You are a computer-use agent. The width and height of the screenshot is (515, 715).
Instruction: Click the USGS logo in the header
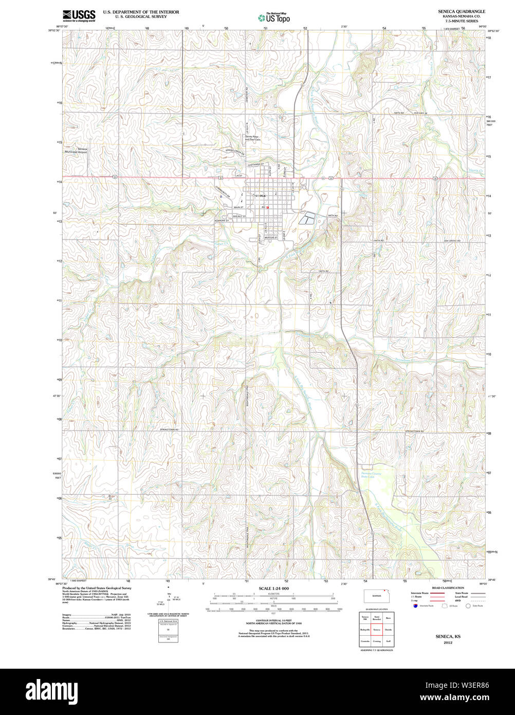(79, 15)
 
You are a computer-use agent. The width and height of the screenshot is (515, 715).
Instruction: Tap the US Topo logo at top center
(274, 17)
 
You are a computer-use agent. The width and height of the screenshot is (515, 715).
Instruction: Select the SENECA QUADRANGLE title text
(462, 11)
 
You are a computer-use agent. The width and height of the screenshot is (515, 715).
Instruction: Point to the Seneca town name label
(259, 195)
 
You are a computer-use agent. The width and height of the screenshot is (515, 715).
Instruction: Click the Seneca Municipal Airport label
(76, 151)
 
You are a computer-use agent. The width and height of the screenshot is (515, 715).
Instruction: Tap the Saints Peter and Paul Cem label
(253, 138)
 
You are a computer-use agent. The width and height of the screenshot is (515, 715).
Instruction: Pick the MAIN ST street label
(237, 207)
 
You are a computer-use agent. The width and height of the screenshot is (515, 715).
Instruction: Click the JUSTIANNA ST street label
(255, 165)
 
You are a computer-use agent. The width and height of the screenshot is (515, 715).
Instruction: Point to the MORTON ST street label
(271, 238)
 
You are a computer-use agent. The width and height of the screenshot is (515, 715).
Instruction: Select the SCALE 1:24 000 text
(273, 588)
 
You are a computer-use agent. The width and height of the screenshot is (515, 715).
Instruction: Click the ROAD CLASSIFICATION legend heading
(448, 588)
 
